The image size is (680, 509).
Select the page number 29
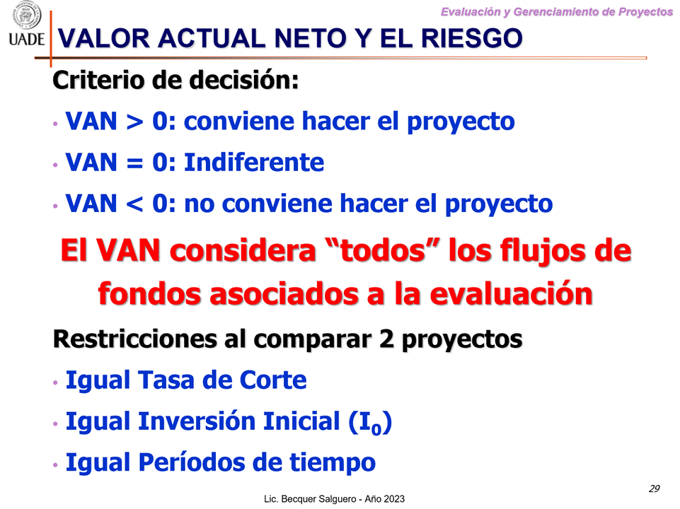pyautogui.click(x=654, y=488)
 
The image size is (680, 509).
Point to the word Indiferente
pyautogui.click(x=254, y=163)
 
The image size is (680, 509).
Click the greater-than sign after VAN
pyautogui.click(x=133, y=122)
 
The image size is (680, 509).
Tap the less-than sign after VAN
pyautogui.click(x=133, y=204)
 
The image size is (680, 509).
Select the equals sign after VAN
pyautogui.click(x=133, y=163)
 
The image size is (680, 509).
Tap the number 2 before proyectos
pyautogui.click(x=386, y=339)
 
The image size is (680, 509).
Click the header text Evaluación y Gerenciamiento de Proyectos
pyautogui.click(x=556, y=11)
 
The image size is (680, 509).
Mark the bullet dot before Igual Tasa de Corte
pyautogui.click(x=55, y=383)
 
